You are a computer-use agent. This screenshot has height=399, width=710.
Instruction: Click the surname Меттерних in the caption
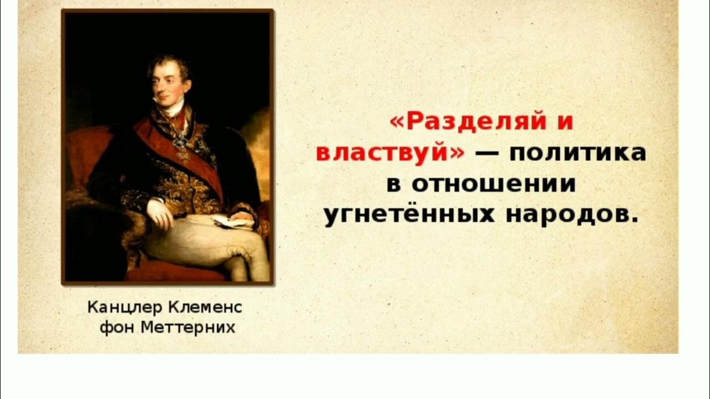tap(188, 328)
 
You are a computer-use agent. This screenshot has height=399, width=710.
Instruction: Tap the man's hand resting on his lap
tap(160, 213)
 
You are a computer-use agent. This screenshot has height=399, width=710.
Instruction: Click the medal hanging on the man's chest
tap(181, 142)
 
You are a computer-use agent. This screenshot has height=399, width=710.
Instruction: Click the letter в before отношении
tap(393, 185)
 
